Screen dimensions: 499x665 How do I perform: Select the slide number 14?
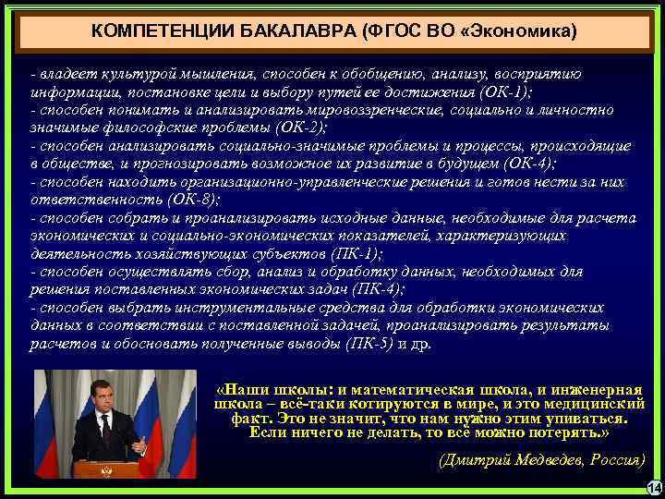point(655,487)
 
